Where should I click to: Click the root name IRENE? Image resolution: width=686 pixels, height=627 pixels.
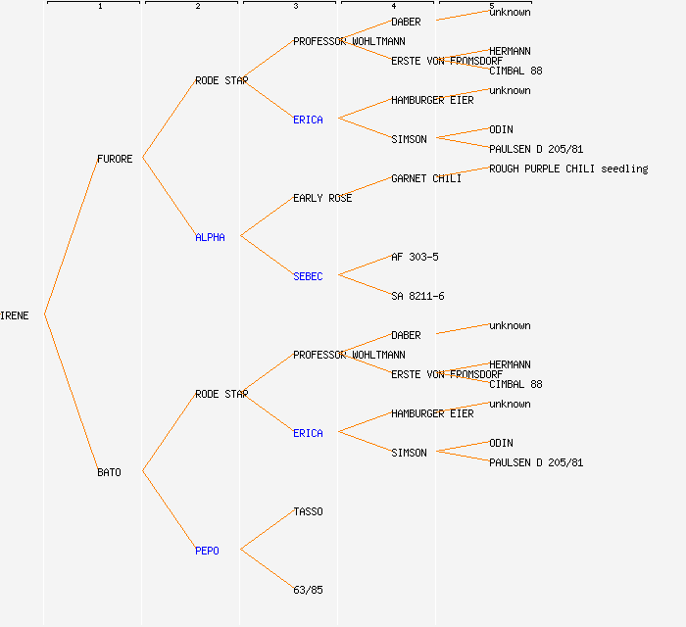[15, 315]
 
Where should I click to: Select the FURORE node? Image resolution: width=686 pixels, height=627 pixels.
[115, 159]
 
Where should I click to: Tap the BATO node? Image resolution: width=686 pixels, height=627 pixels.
[109, 472]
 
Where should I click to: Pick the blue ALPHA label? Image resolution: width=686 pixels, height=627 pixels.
[210, 237]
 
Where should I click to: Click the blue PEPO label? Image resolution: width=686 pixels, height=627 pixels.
[207, 551]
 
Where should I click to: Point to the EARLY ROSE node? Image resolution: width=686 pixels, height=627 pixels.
[322, 198]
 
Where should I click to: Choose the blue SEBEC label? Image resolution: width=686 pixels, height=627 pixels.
[308, 276]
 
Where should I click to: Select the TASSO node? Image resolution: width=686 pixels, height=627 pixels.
[308, 511]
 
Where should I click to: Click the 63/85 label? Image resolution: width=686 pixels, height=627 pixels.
[308, 590]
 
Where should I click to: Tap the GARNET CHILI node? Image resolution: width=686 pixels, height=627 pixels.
[426, 178]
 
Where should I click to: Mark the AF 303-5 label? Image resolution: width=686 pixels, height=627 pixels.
[415, 257]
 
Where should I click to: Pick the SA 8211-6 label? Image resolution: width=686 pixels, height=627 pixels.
[417, 296]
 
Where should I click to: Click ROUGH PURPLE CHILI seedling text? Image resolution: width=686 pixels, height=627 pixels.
[568, 169]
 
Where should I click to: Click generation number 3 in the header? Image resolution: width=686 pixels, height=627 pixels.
[295, 7]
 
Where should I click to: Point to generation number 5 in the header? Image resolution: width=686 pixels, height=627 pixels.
[491, 7]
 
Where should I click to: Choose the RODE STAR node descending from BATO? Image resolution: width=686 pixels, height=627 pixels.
[221, 394]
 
